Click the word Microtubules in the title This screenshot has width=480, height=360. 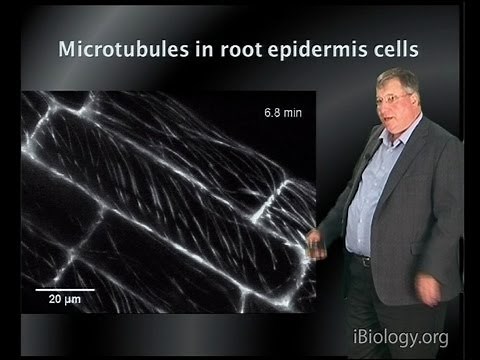(x=122, y=49)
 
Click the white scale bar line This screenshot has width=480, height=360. (x=59, y=290)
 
